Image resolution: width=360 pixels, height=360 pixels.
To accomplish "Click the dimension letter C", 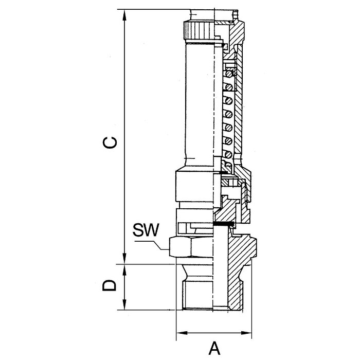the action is [110, 142].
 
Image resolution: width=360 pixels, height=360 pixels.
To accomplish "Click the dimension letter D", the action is [110, 285].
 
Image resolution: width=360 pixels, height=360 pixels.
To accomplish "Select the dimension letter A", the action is [214, 348].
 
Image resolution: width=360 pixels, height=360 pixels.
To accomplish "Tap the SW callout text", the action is [146, 230].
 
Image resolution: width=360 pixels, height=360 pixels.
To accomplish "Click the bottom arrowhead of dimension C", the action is [124, 258].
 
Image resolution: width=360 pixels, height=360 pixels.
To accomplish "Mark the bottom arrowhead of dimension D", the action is [124, 304].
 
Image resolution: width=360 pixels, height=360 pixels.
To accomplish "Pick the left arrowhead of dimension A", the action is [182, 333].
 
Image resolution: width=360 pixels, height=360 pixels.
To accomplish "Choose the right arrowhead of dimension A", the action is [246, 333].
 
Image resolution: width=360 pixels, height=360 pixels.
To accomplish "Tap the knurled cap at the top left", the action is [199, 30].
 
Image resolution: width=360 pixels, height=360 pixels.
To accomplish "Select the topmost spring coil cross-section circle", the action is [228, 74].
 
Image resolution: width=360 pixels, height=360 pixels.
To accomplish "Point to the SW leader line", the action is [152, 245].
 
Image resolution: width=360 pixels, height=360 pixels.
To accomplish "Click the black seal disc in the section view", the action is [223, 223].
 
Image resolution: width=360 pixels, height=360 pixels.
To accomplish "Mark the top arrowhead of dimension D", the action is [124, 271].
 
